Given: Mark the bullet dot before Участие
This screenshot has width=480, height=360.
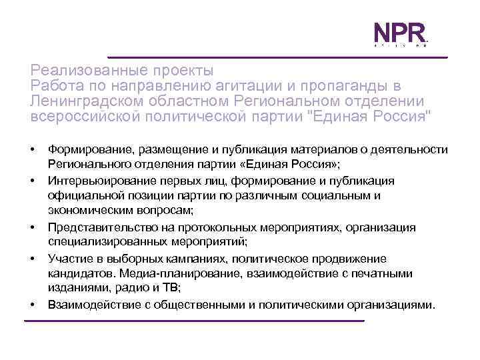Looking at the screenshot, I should [32, 258].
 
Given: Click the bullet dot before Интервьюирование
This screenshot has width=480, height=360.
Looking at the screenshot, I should [32, 181].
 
